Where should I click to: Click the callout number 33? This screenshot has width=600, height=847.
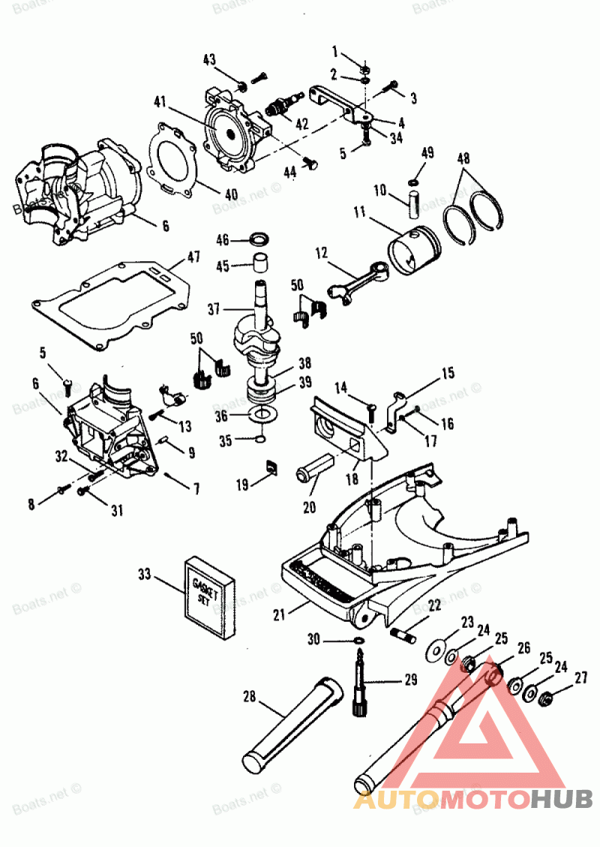145,575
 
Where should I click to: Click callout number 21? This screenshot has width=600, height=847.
280,614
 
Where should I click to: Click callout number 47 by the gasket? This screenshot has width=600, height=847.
193,258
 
